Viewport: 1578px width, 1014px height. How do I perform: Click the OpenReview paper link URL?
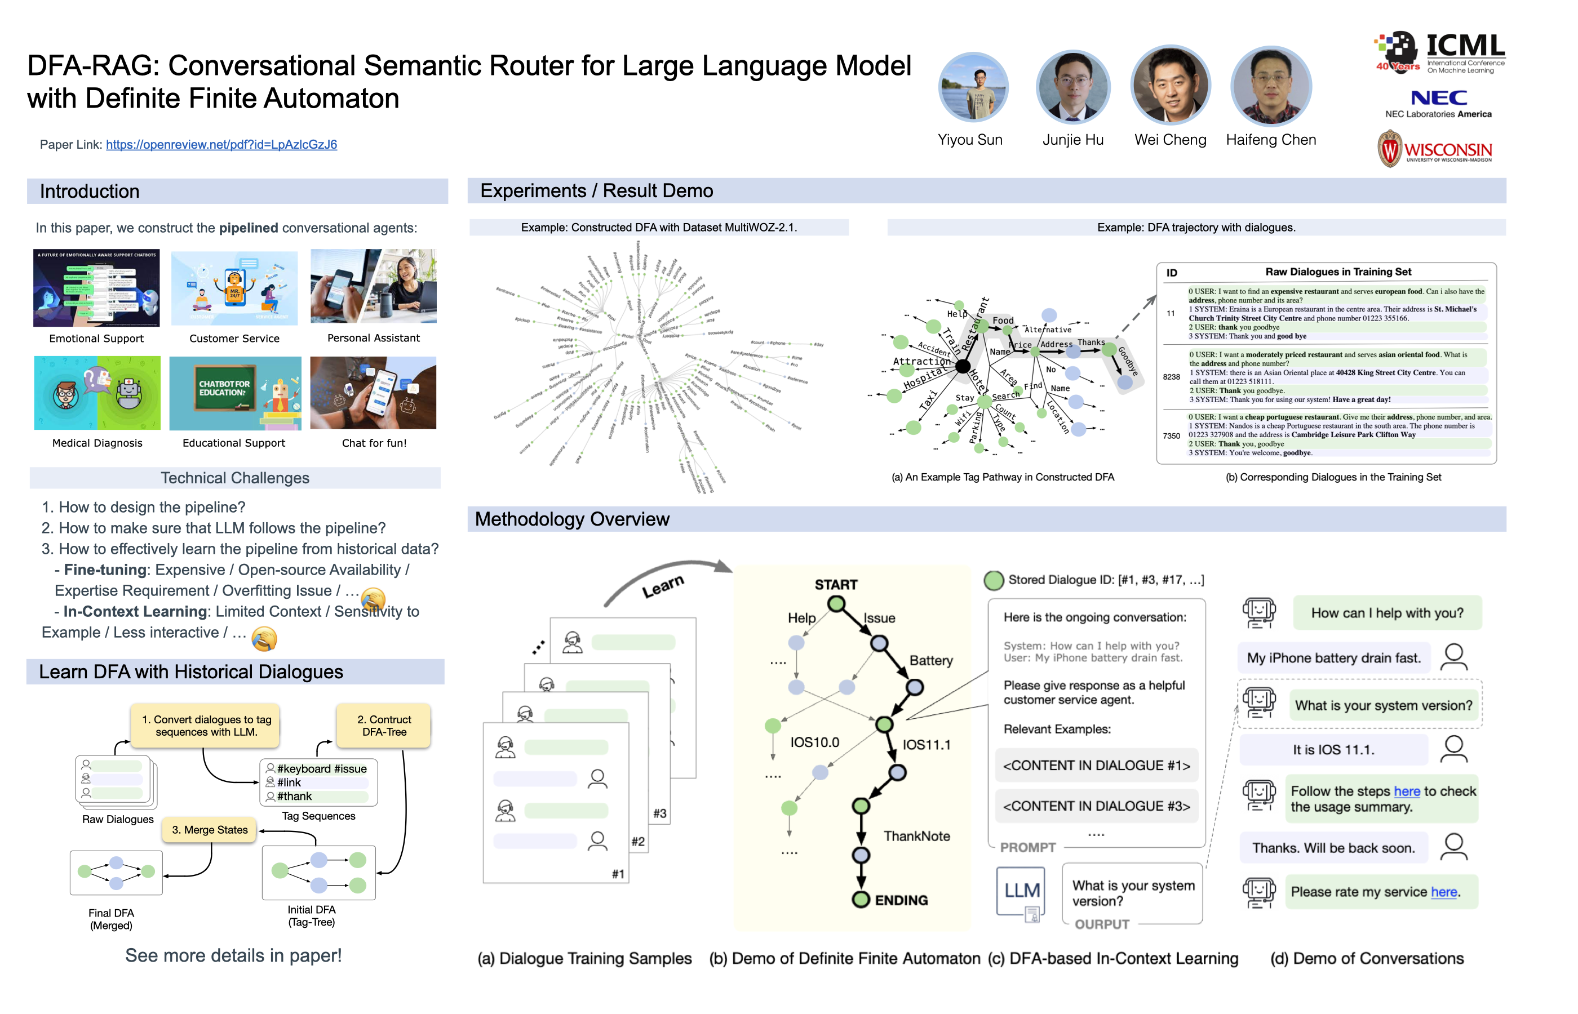tap(221, 144)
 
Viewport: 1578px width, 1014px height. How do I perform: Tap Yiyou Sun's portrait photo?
tap(973, 87)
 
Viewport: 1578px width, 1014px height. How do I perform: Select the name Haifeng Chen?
tap(1270, 140)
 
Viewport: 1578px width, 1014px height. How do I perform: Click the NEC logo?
tap(1438, 98)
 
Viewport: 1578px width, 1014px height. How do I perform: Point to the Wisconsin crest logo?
tap(1389, 149)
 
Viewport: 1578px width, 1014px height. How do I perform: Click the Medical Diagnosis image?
tap(97, 393)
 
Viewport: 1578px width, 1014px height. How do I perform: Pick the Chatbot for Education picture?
tap(235, 393)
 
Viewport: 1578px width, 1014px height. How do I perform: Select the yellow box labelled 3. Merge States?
tap(210, 830)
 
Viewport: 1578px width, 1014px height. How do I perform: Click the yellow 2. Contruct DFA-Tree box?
tap(384, 725)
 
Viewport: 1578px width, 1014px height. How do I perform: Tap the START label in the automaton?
tap(836, 585)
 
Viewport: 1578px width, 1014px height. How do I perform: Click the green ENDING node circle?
tap(861, 900)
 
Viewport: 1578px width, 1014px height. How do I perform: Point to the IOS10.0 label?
tap(815, 742)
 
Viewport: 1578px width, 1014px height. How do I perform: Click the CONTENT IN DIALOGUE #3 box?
tap(1096, 806)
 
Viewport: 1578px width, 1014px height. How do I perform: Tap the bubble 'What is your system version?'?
tap(1383, 705)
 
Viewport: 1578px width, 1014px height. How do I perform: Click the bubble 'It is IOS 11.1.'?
tap(1333, 749)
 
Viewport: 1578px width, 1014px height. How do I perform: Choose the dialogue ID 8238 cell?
tap(1171, 377)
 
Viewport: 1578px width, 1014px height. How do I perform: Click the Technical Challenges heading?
tap(235, 478)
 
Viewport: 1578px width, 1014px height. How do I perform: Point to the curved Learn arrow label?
tap(663, 585)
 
